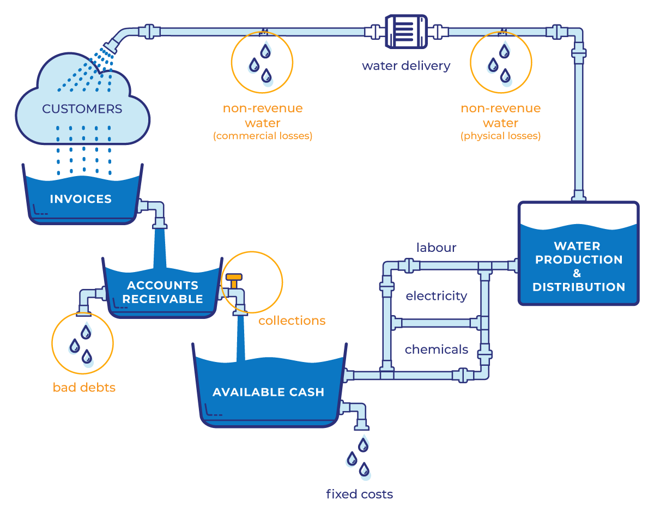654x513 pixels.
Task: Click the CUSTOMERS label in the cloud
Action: pyautogui.click(x=82, y=109)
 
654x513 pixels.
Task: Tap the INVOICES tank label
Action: pyautogui.click(x=81, y=199)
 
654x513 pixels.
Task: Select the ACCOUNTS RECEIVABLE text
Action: pyautogui.click(x=162, y=292)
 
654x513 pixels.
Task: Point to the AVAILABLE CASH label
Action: pyautogui.click(x=268, y=392)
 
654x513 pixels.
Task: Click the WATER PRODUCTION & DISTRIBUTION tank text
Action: pyautogui.click(x=579, y=266)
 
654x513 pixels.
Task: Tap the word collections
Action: pyautogui.click(x=292, y=321)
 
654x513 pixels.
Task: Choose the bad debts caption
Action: pyautogui.click(x=84, y=388)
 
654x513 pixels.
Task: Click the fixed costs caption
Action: pyautogui.click(x=359, y=494)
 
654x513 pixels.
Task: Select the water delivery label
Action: pyautogui.click(x=406, y=67)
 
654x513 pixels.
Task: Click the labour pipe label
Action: pyautogui.click(x=436, y=248)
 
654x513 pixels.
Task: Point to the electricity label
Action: pyautogui.click(x=437, y=296)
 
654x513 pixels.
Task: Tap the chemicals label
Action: pyautogui.click(x=436, y=349)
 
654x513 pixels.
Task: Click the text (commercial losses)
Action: pyautogui.click(x=262, y=136)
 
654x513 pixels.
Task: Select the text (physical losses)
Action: pyautogui.click(x=500, y=136)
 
